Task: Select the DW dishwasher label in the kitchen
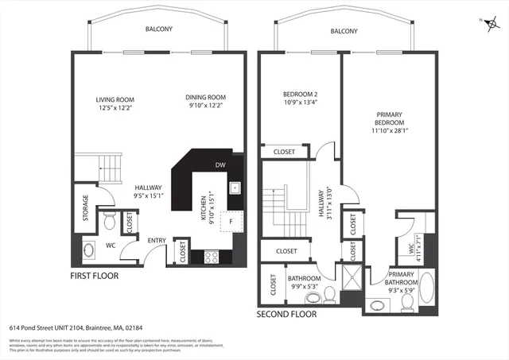(220, 165)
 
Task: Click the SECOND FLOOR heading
(286, 314)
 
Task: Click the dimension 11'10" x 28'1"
(390, 133)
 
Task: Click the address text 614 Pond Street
(76, 327)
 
